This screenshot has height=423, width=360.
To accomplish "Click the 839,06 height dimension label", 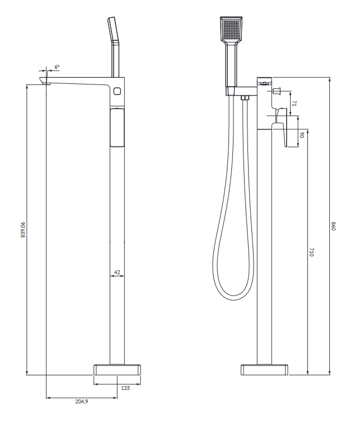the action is [23, 229].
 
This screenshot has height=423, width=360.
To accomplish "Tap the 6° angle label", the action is [57, 67].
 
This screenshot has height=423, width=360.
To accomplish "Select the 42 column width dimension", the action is [117, 272].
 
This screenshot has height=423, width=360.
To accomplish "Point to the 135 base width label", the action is [125, 388].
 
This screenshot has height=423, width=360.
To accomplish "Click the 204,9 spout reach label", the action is [82, 401].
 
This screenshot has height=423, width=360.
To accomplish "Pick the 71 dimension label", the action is [294, 104].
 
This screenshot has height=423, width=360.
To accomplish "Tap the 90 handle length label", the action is [302, 135].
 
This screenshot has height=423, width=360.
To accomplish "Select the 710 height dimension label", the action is [311, 252].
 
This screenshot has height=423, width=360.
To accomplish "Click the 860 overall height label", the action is [334, 226].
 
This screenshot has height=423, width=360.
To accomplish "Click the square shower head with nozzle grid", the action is [231, 29].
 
